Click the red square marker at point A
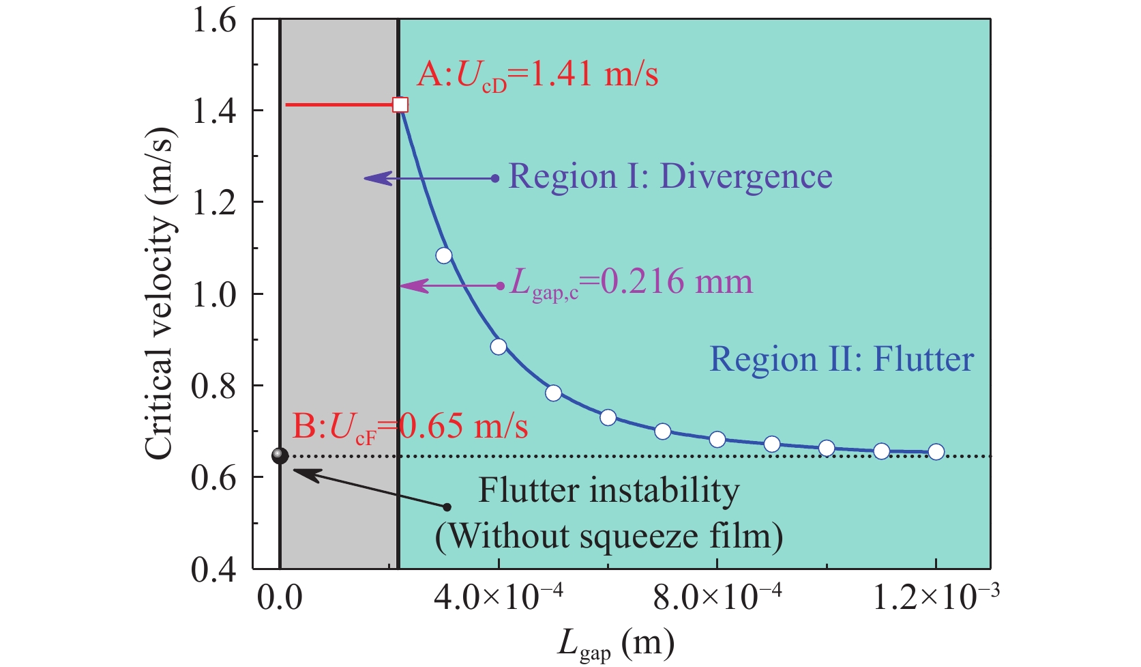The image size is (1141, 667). click(400, 104)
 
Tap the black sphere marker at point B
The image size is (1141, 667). click(280, 455)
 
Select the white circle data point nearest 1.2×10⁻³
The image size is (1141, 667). click(936, 452)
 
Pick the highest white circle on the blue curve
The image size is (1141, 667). click(444, 256)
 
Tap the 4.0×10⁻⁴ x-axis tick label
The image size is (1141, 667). click(499, 599)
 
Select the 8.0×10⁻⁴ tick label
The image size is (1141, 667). click(717, 599)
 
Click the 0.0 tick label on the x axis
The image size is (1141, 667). click(280, 599)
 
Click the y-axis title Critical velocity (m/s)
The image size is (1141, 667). click(161, 294)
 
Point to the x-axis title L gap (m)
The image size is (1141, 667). click(615, 644)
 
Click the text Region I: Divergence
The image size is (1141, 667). click(670, 177)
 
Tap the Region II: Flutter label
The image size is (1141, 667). click(842, 360)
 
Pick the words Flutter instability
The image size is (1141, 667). click(608, 490)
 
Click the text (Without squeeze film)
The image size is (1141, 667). click(608, 536)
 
